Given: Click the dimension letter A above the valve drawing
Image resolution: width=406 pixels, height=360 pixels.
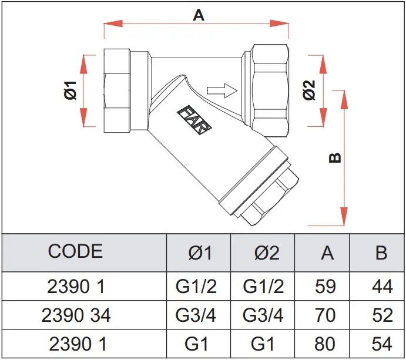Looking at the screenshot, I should pyautogui.click(x=199, y=15).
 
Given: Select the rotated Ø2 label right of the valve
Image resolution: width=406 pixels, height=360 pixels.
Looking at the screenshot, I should pyautogui.click(x=310, y=91).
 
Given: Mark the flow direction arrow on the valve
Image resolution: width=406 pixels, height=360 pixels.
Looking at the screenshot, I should pyautogui.click(x=222, y=90).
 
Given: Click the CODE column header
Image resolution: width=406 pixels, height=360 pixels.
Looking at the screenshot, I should pyautogui.click(x=75, y=252).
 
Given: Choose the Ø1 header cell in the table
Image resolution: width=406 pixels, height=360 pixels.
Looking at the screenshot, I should pyautogui.click(x=199, y=253).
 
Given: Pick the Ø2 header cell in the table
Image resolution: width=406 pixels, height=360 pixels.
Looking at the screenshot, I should pyautogui.click(x=263, y=253).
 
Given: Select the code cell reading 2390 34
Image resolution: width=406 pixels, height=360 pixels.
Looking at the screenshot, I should pyautogui.click(x=76, y=315).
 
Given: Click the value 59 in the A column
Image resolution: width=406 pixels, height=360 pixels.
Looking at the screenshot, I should pyautogui.click(x=327, y=286).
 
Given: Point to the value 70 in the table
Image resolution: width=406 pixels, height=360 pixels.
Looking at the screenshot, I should pyautogui.click(x=327, y=315).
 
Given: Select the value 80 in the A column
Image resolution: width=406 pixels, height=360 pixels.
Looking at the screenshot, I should pyautogui.click(x=327, y=344).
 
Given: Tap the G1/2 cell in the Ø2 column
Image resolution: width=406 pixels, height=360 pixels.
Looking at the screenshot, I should pyautogui.click(x=263, y=286).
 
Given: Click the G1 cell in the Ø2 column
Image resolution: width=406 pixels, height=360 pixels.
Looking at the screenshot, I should pyautogui.click(x=263, y=344).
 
